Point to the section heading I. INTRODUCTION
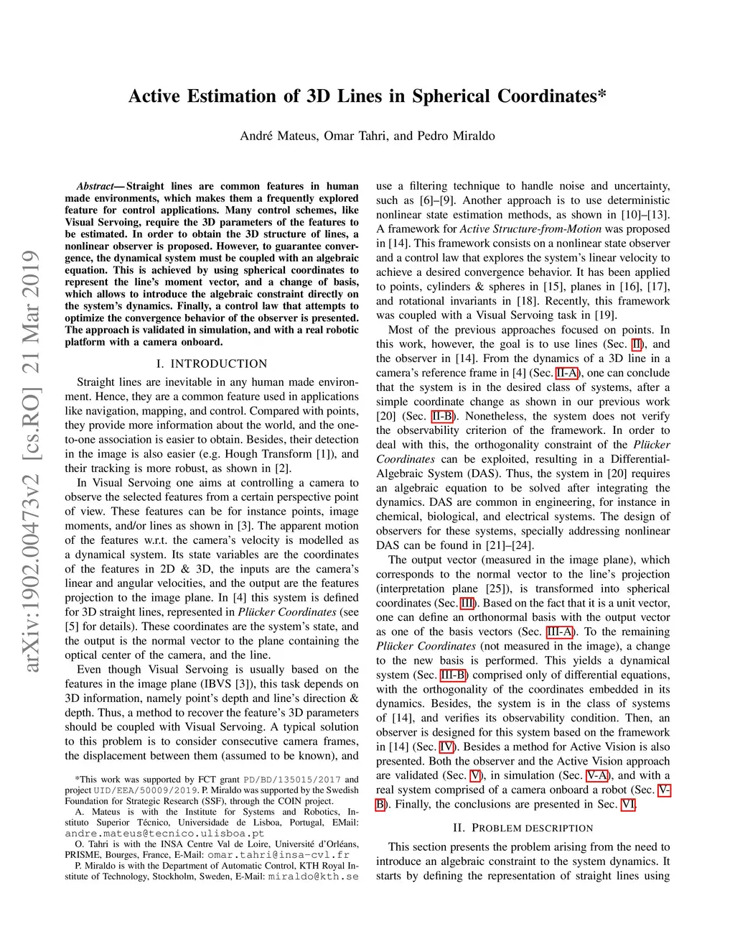click(212, 364)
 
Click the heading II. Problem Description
click(523, 828)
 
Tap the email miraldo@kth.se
click(313, 877)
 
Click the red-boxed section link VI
click(628, 804)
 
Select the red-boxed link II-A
click(566, 373)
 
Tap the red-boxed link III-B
click(453, 675)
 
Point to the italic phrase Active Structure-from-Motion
click(530, 229)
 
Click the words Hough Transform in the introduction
click(269, 454)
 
